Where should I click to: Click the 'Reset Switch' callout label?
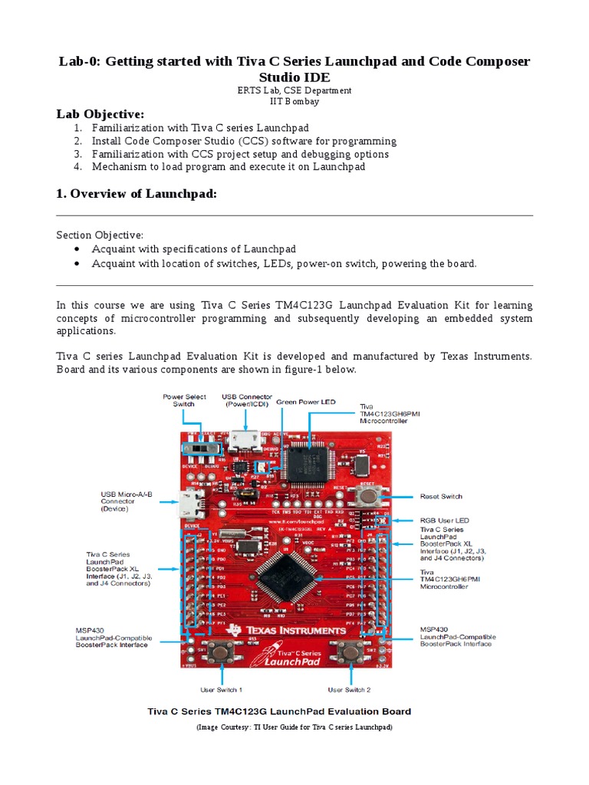pos(442,497)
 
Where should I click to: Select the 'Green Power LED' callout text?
pos(306,401)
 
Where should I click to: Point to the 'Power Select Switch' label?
pos(184,400)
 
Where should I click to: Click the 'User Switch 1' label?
pos(222,690)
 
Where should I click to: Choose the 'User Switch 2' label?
pos(349,690)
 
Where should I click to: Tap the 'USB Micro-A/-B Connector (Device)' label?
pos(127,501)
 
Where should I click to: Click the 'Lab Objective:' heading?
pos(100,114)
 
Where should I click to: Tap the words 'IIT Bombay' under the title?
pos(294,101)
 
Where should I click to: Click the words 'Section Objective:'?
pos(100,235)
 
